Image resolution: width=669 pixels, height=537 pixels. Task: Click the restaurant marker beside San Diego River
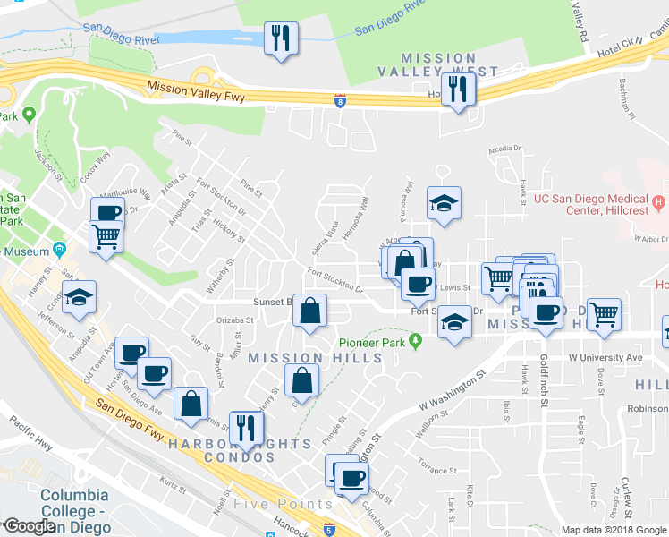282,38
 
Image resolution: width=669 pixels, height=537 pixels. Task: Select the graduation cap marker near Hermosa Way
444,204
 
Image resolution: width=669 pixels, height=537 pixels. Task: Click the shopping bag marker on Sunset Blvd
309,312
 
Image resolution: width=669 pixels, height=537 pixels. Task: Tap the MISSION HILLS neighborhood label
315,358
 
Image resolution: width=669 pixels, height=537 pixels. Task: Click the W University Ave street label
605,358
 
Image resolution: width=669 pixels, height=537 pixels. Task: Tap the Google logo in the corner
30,525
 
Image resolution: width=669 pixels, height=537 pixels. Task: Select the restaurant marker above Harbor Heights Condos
241,427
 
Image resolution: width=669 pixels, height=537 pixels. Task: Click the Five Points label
283,504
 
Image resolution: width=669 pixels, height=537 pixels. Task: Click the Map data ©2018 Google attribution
613,530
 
